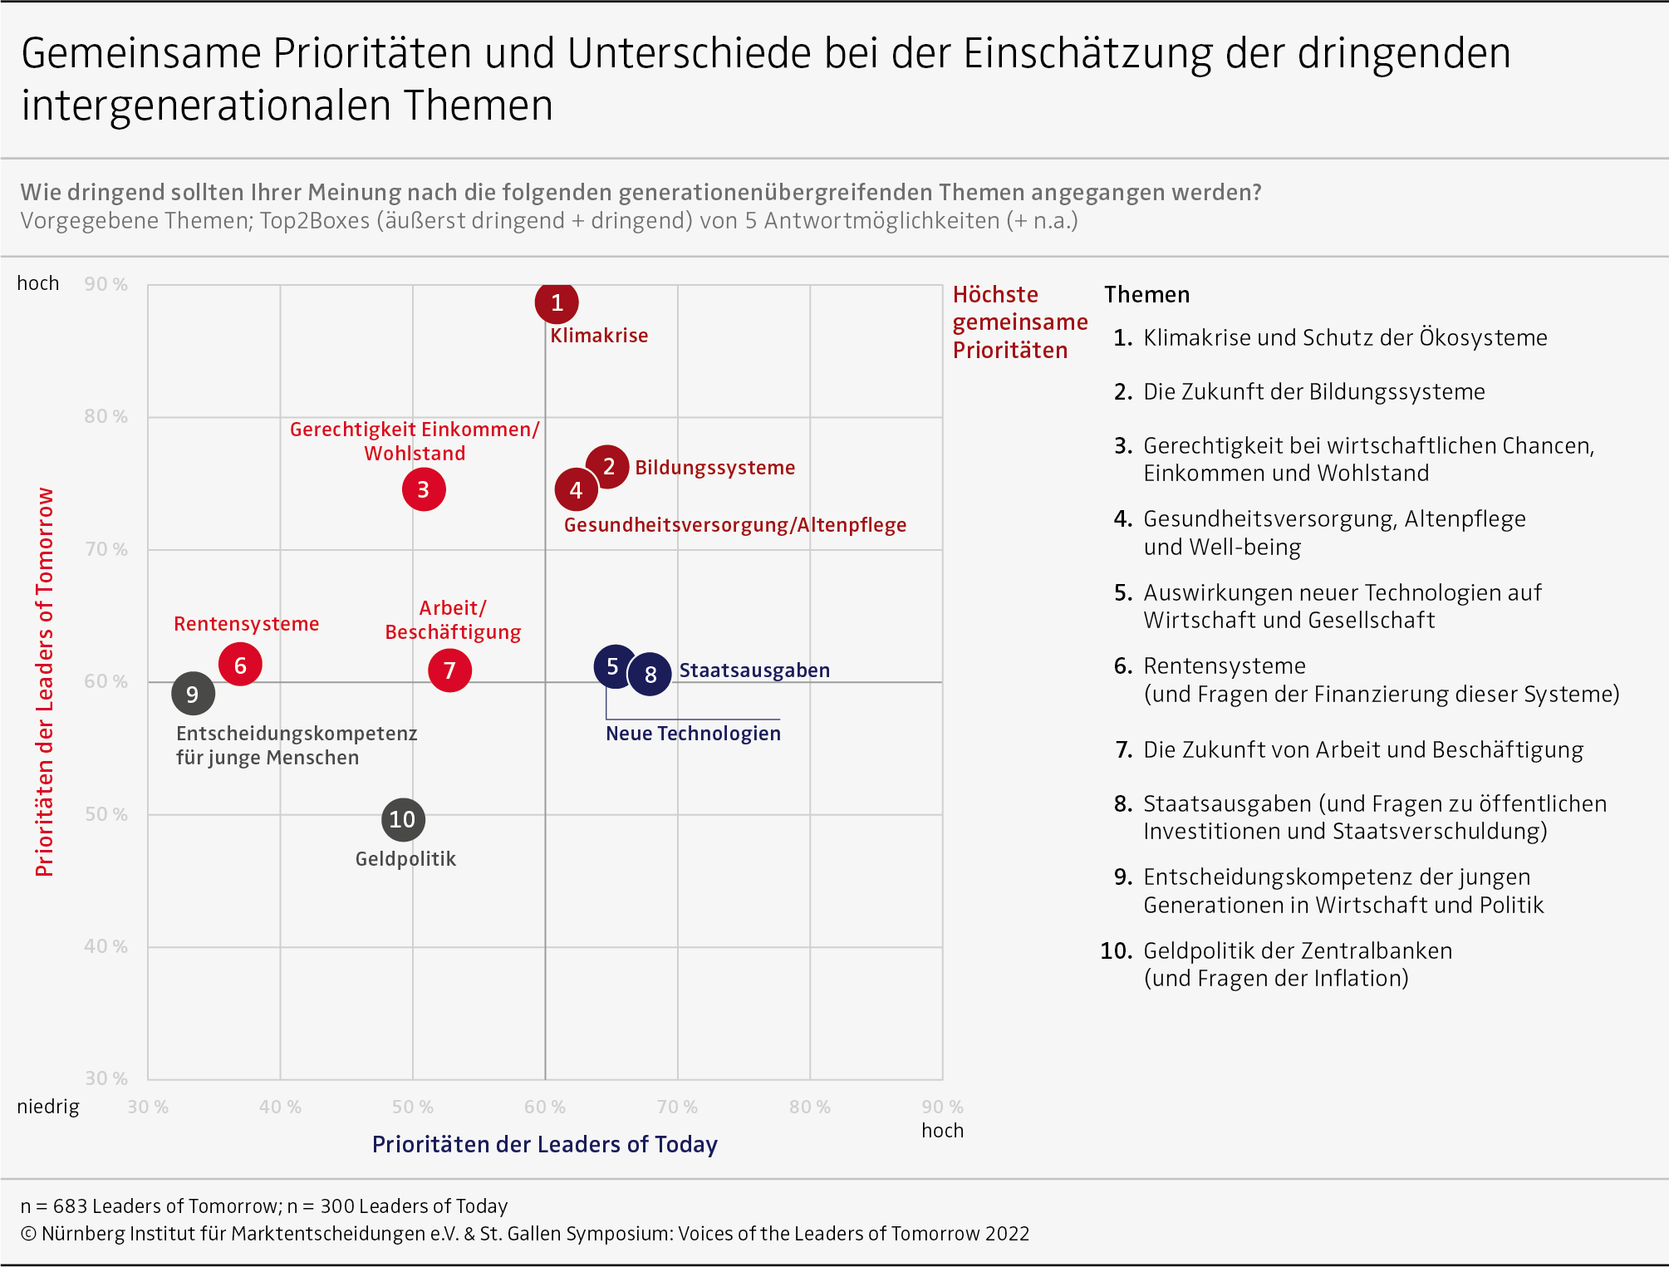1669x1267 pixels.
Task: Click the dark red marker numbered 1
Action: [x=557, y=302]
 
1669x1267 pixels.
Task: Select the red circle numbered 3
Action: [x=424, y=489]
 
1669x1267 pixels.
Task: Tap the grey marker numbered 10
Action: [x=403, y=820]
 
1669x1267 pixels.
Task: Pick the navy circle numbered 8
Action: [x=650, y=674]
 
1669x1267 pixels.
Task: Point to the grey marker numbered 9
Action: [x=193, y=694]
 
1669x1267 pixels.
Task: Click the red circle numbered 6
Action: [x=240, y=665]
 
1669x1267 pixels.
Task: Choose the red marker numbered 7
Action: [x=449, y=670]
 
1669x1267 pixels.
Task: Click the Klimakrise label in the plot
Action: [x=599, y=336]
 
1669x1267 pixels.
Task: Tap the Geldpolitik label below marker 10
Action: [x=405, y=859]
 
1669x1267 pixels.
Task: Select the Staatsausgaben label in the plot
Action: [x=754, y=670]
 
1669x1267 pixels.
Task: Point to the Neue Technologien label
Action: [x=693, y=734]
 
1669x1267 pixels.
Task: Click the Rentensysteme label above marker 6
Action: [x=246, y=624]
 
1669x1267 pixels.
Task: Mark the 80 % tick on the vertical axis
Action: [x=106, y=416]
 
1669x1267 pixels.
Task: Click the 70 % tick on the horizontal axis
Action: [x=677, y=1107]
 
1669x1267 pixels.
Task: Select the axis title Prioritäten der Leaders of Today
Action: [x=544, y=1144]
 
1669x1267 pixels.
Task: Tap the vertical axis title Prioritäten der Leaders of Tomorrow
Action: [x=44, y=681]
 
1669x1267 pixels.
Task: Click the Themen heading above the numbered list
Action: [x=1146, y=295]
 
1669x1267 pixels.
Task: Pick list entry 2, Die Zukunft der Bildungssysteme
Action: [x=1313, y=391]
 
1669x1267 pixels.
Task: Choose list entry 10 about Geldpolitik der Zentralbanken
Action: [x=1297, y=964]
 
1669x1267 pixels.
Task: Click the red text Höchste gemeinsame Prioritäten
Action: [x=1019, y=322]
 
